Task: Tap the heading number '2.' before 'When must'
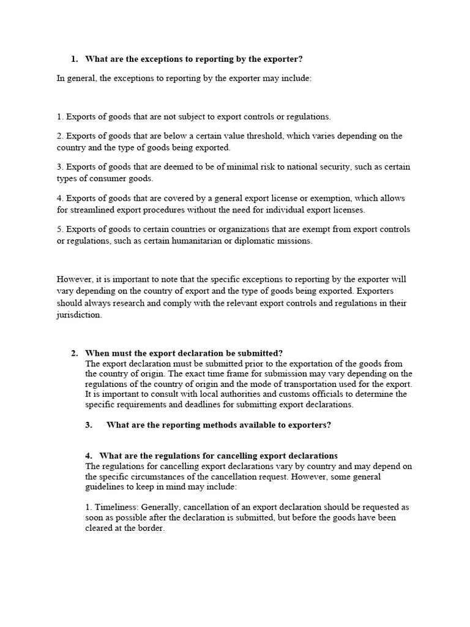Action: click(75, 353)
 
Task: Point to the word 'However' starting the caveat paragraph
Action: click(73, 279)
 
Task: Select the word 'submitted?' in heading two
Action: click(261, 353)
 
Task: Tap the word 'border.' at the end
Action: click(151, 528)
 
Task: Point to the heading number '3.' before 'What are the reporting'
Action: click(89, 425)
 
